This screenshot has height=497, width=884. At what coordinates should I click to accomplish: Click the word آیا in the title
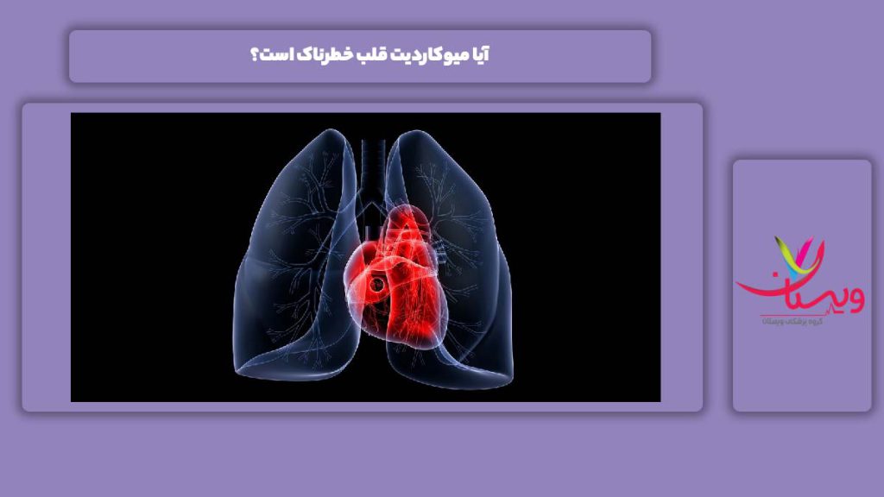tap(479, 56)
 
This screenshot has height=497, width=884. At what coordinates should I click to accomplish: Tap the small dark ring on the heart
tap(377, 282)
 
